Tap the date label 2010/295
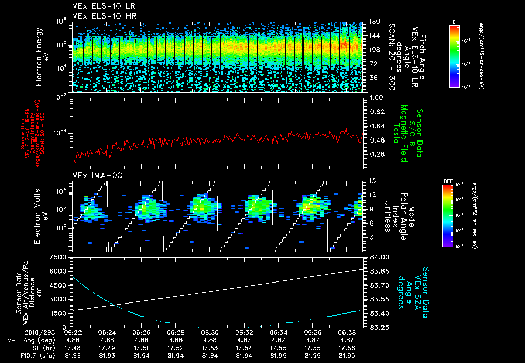click(20, 332)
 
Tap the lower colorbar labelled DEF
click(448, 215)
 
